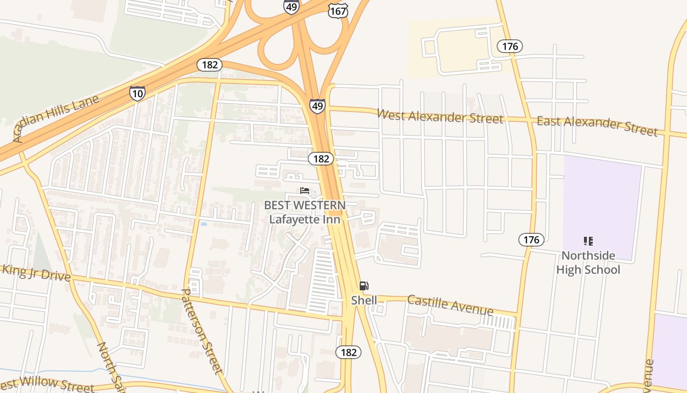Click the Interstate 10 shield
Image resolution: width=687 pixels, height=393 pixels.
[x=137, y=93]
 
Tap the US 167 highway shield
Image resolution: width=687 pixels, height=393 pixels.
[x=338, y=10]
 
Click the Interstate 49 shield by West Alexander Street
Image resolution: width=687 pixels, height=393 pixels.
[x=317, y=106]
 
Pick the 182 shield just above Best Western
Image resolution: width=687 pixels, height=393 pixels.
[x=321, y=159]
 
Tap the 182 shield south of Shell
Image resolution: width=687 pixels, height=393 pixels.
[x=348, y=352]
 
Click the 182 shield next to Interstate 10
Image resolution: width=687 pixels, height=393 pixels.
[x=210, y=65]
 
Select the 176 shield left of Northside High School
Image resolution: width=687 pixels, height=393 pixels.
[x=531, y=240]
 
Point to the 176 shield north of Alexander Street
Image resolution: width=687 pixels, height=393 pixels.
[x=510, y=47]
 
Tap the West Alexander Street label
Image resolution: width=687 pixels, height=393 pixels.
[x=440, y=116]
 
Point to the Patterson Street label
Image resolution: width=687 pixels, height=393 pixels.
[x=202, y=331]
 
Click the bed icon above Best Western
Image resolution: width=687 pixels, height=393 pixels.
[x=305, y=191]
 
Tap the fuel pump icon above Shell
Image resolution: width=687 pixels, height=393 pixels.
[x=364, y=286]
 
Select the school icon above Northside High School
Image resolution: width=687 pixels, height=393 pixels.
[x=588, y=241]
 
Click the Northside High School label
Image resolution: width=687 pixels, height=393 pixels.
[x=588, y=262]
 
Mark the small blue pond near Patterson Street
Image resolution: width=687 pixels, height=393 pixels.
[x=204, y=224]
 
